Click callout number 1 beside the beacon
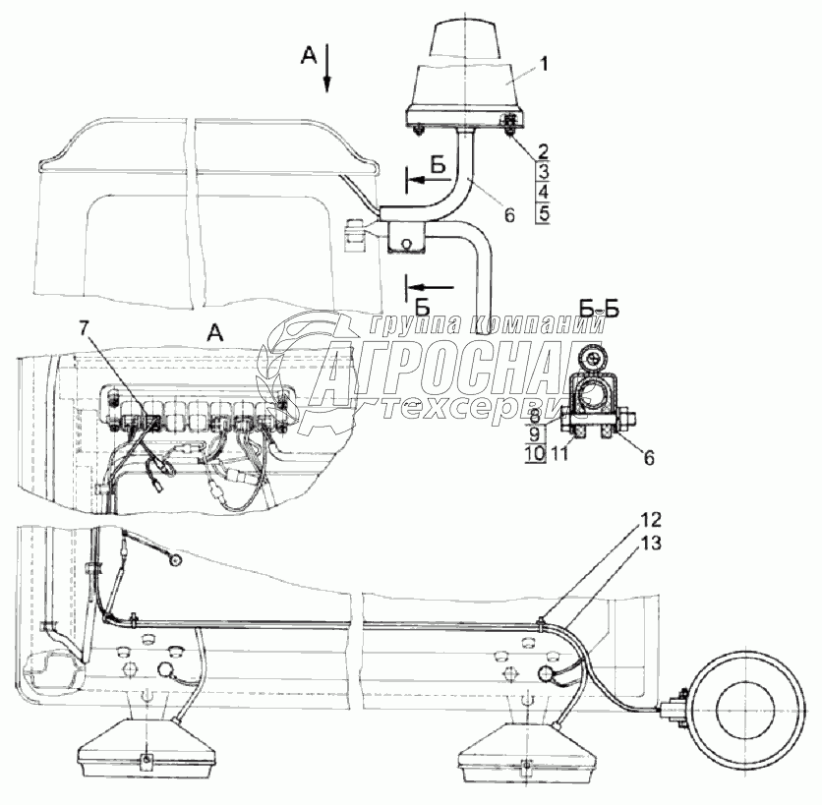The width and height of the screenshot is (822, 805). coord(544,65)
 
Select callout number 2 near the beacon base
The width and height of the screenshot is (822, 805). coord(543,151)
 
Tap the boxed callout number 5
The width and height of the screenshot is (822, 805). coord(543,215)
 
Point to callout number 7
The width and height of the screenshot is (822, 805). coord(84,328)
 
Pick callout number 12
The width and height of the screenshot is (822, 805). coord(650,520)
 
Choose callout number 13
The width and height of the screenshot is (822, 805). coord(650,544)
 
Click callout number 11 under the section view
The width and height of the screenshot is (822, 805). coord(559,453)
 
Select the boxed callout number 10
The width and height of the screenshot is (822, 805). coord(535,453)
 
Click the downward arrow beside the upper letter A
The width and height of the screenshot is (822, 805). coord(327,68)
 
